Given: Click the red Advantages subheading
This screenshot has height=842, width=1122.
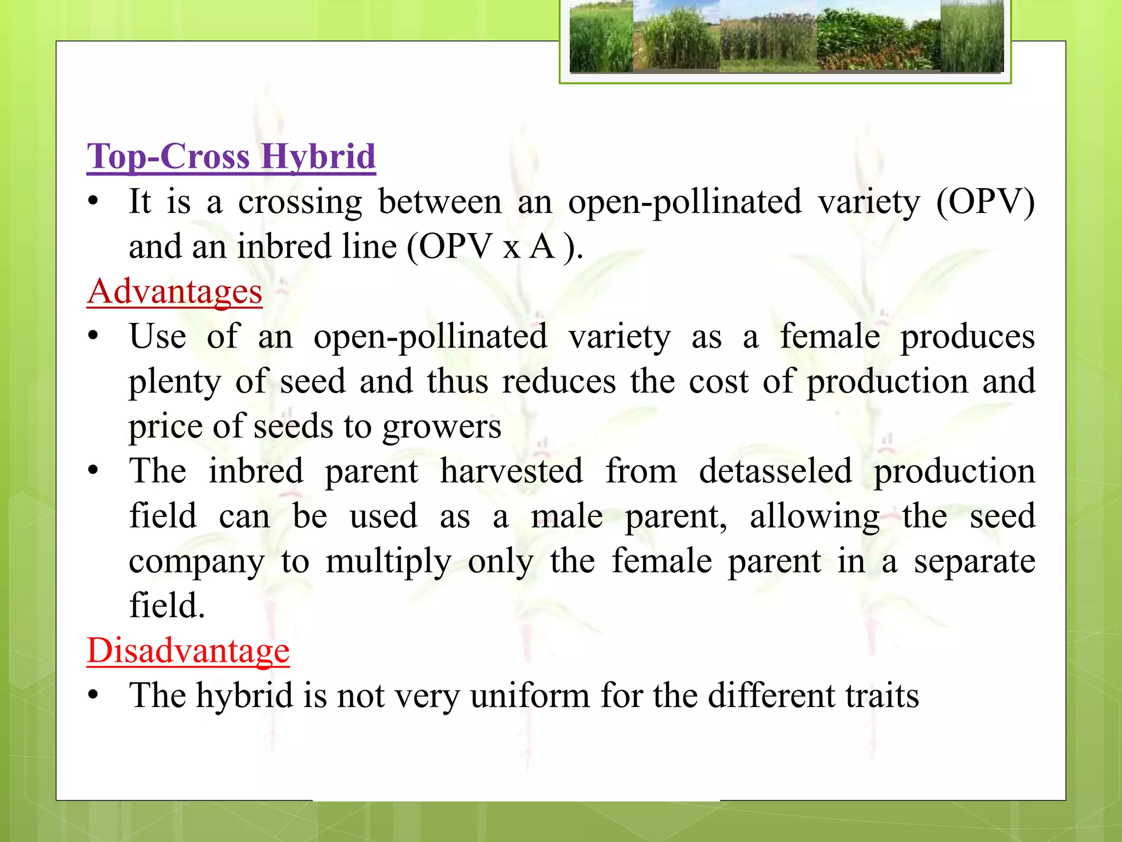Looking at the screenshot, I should [x=174, y=291].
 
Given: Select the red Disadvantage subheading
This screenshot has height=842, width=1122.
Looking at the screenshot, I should [x=188, y=651].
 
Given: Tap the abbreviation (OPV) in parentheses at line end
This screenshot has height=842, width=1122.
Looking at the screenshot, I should [x=985, y=202].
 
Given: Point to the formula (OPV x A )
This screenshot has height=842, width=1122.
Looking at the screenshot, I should [x=495, y=247].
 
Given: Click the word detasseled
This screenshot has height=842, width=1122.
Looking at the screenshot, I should [x=775, y=471].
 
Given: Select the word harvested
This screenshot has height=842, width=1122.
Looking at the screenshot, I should [x=511, y=471].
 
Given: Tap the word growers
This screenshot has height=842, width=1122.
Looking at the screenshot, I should [x=442, y=427].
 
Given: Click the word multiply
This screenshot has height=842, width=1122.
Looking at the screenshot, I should [x=388, y=562].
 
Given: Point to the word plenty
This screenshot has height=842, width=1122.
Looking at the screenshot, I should [x=175, y=382].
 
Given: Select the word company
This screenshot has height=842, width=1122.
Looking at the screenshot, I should [x=196, y=562].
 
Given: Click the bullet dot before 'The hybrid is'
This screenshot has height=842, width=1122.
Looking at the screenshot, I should [x=94, y=695].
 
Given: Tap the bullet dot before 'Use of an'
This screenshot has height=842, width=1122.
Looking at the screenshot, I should [x=94, y=335].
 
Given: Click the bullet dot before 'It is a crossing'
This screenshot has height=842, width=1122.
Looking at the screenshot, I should [x=94, y=201].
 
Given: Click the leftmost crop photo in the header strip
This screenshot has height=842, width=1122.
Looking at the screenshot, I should [x=601, y=36].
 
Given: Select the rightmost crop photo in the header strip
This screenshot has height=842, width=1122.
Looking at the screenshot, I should [x=972, y=36].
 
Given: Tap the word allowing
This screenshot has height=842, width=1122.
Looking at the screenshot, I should [x=815, y=517].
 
